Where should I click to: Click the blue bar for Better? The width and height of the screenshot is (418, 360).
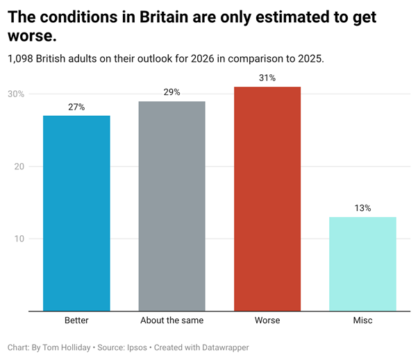76,213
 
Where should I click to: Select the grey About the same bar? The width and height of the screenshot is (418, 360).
172,206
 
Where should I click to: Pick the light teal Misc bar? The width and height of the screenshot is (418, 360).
362,264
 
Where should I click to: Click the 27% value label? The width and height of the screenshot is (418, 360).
76,107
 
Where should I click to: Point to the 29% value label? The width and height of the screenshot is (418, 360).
172,92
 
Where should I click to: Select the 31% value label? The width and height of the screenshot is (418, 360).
267,78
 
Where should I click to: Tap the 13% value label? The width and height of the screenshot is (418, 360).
362,208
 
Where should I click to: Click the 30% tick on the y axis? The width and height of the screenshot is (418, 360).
17,94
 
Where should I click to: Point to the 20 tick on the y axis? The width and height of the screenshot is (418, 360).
18,166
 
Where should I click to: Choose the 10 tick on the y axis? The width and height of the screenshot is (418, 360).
18,239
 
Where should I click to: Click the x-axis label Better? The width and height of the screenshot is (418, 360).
76,321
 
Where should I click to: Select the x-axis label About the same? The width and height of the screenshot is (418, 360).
172,321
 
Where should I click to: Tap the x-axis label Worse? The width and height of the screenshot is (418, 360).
267,321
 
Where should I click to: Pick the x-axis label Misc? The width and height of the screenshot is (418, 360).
362,321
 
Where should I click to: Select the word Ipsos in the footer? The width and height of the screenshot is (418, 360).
137,347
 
